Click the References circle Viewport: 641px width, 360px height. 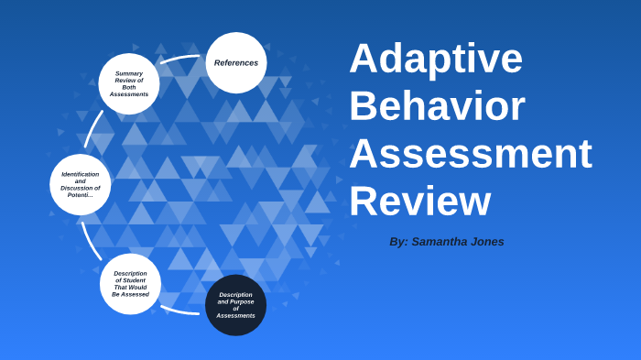click(236, 63)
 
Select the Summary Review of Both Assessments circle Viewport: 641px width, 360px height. click(129, 83)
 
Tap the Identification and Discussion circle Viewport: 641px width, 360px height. click(81, 184)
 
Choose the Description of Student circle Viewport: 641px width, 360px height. click(130, 284)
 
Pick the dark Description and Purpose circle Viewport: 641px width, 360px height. click(236, 305)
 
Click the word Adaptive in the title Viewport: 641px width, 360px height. click(436, 59)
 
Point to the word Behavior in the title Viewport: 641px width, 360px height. click(437, 105)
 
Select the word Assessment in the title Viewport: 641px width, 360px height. click(470, 153)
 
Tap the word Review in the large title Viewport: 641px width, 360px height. click(419, 201)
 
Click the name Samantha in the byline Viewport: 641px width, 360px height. click(440, 242)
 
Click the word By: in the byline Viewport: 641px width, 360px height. click(398, 242)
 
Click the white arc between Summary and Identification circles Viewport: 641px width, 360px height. click(92, 129)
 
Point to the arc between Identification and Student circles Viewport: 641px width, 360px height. click(91, 241)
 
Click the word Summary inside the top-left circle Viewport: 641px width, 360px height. click(129, 73)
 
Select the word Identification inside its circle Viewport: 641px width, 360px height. click(81, 174)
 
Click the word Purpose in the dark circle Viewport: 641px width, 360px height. click(242, 301)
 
